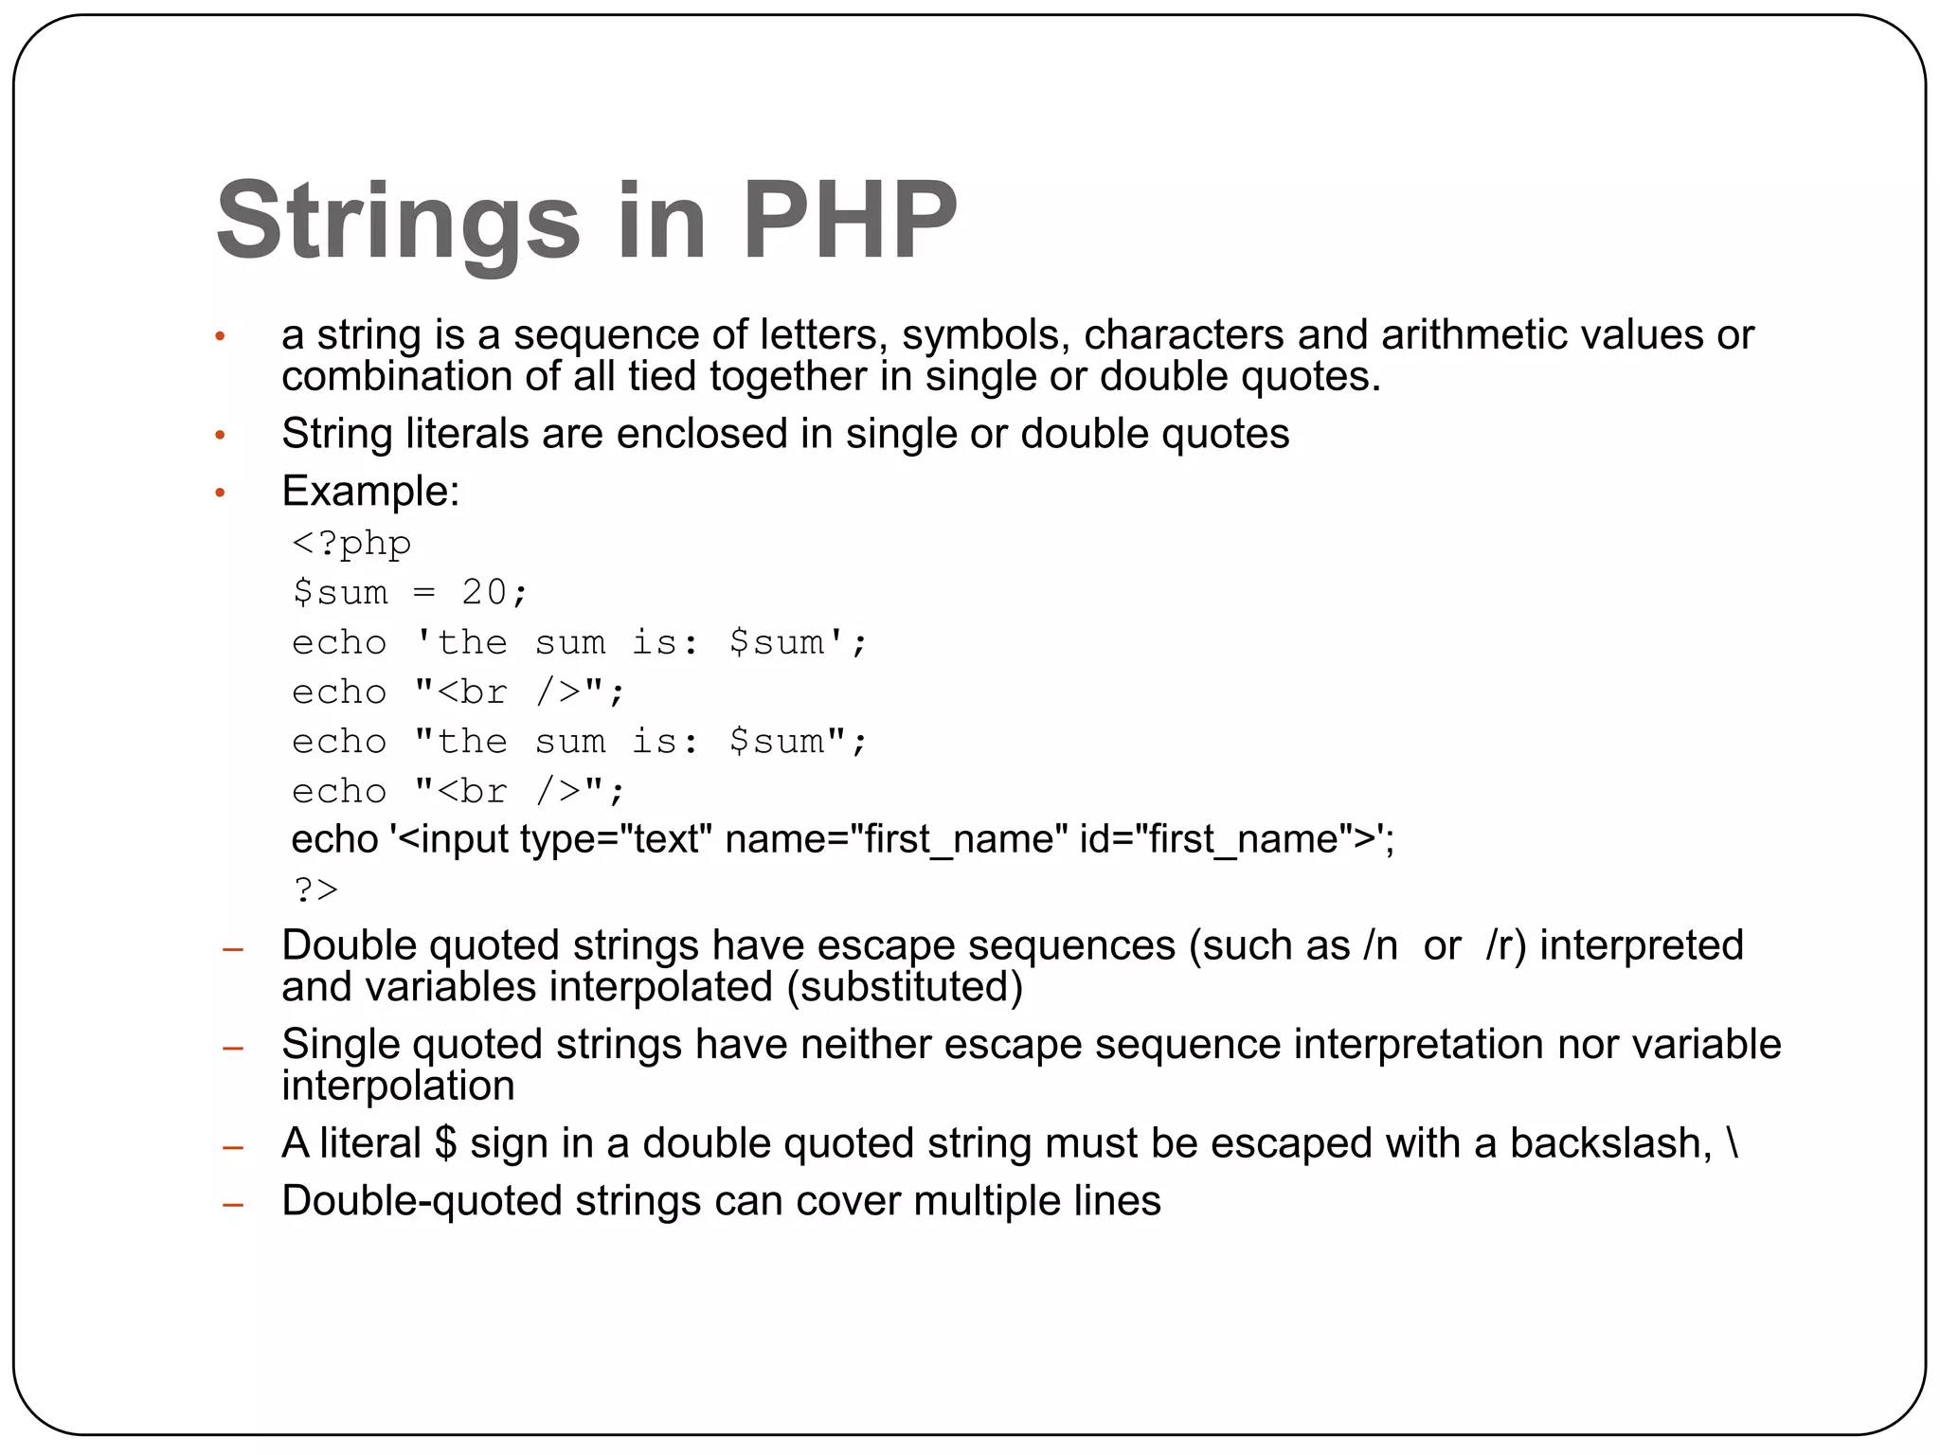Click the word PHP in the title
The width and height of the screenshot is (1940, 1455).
tap(850, 220)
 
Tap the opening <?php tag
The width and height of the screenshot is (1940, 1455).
tap(351, 544)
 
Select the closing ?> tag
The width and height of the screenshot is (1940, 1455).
tap(315, 889)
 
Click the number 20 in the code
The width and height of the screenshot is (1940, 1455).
tap(484, 593)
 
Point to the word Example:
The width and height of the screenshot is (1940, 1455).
tap(370, 491)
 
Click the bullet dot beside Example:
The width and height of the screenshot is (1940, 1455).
tap(220, 493)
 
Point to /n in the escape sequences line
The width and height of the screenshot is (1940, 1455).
tap(1381, 945)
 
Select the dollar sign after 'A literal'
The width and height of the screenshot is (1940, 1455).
tap(445, 1143)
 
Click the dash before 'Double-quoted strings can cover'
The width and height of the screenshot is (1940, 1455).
tap(232, 1205)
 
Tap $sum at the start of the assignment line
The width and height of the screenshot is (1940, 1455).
tap(340, 593)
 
